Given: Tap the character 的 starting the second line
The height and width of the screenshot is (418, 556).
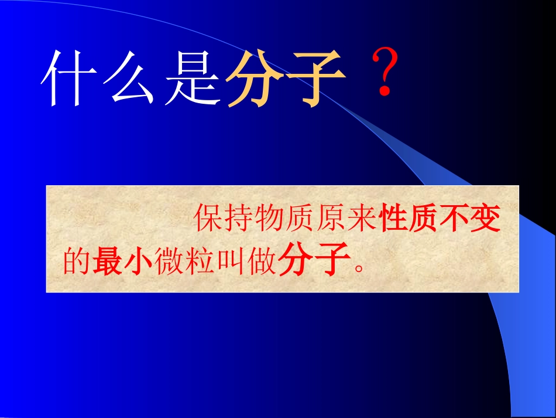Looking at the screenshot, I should point(76,261).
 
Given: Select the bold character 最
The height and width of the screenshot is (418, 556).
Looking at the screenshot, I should point(107,261).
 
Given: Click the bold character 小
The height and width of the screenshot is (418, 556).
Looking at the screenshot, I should point(138,261).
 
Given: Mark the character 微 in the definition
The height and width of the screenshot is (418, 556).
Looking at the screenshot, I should point(169,261).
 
